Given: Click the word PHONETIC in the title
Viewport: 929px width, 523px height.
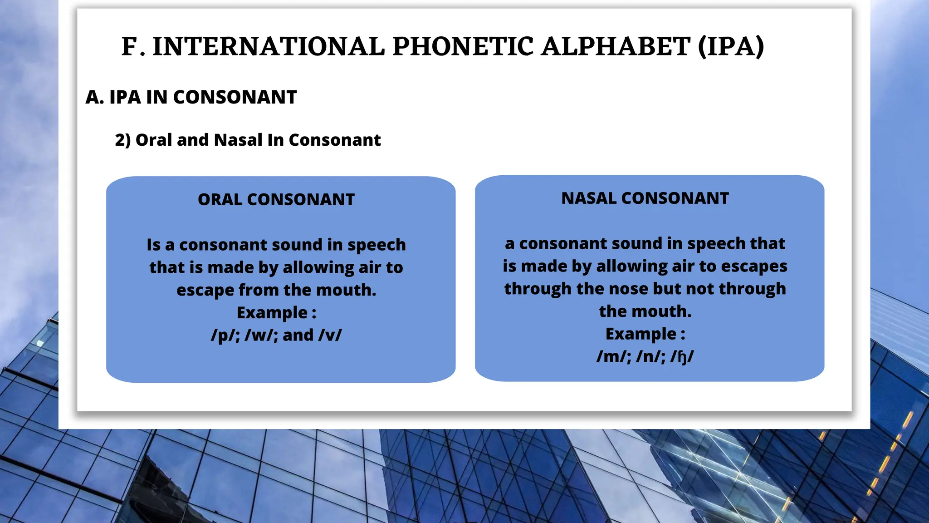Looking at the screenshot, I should (x=463, y=46).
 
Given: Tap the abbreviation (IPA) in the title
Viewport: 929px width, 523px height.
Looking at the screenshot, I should (x=731, y=46).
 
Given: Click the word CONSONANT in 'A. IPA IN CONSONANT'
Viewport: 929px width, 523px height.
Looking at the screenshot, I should (x=235, y=97).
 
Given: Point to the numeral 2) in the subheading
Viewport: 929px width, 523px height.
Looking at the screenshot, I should (x=122, y=140).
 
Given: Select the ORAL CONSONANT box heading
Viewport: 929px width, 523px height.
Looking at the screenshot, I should (x=276, y=199).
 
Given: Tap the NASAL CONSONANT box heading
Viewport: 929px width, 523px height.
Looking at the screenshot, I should (x=645, y=198).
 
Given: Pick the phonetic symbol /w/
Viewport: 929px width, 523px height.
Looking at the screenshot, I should (x=260, y=335).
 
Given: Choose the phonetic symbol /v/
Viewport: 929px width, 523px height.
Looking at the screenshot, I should (x=330, y=335).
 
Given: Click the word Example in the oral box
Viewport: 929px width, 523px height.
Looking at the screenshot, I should (x=272, y=313).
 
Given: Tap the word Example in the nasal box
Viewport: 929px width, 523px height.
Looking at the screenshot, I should (x=641, y=334).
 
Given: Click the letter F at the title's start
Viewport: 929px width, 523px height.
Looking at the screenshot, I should (x=129, y=46).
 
